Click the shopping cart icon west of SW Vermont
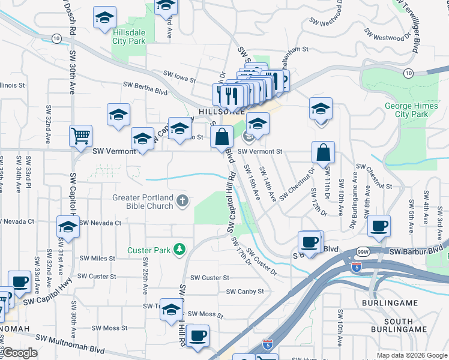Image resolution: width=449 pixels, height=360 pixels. (80, 135)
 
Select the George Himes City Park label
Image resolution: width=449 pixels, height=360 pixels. (411, 110)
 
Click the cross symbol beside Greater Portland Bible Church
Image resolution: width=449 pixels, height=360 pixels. (182, 202)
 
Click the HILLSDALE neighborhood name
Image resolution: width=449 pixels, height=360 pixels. (220, 112)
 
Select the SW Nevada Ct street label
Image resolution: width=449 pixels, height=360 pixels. (100, 223)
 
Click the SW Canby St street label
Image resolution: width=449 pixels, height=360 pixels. (245, 292)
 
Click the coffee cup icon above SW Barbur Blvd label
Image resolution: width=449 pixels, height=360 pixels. (379, 226)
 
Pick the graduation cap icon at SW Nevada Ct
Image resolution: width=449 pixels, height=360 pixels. (68, 227)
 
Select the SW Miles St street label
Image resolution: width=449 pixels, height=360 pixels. (97, 258)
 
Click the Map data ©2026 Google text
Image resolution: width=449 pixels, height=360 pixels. (411, 355)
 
